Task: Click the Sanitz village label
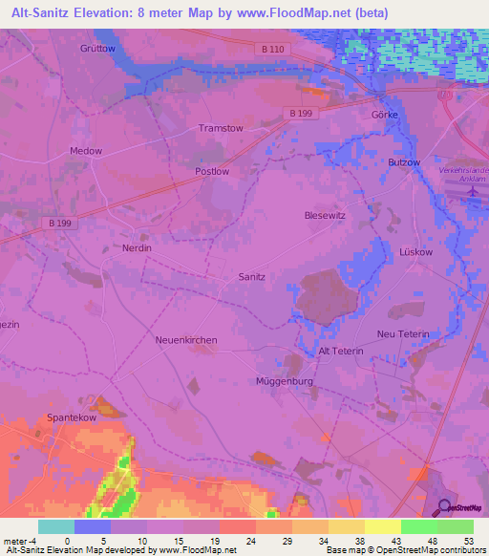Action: pyautogui.click(x=251, y=276)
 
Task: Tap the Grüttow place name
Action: pyautogui.click(x=97, y=47)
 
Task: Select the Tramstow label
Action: pyautogui.click(x=220, y=128)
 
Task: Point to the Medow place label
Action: pyautogui.click(x=85, y=151)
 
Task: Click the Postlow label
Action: pyautogui.click(x=211, y=171)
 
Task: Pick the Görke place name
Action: pyautogui.click(x=383, y=113)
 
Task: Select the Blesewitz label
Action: pyautogui.click(x=325, y=216)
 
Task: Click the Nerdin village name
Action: pyautogui.click(x=138, y=247)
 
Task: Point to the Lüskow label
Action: pyautogui.click(x=415, y=251)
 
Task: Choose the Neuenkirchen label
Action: pyautogui.click(x=186, y=340)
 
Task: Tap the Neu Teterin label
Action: pyautogui.click(x=403, y=333)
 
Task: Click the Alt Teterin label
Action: pyautogui.click(x=340, y=352)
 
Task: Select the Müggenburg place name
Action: pyautogui.click(x=285, y=381)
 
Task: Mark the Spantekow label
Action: pyautogui.click(x=73, y=418)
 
